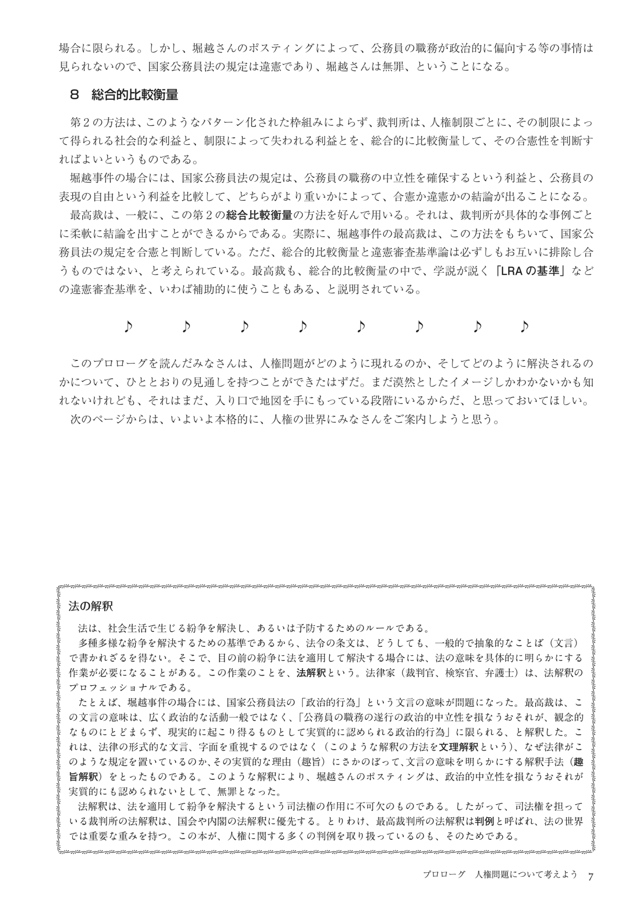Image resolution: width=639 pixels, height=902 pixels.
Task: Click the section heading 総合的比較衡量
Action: (x=134, y=95)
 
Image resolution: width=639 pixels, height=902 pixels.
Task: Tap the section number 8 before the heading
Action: (x=75, y=95)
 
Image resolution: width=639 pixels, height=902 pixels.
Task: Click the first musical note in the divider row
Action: (x=128, y=326)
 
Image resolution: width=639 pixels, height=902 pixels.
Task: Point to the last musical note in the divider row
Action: (x=524, y=326)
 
